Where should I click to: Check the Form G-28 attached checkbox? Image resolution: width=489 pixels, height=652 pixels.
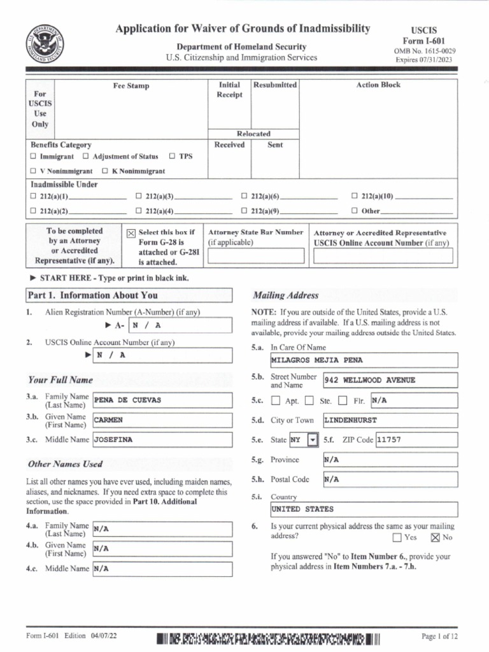pyautogui.click(x=131, y=234)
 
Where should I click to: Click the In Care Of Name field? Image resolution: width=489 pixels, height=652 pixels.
pyautogui.click(x=363, y=360)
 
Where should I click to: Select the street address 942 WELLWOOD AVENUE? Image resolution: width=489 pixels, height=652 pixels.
pyautogui.click(x=390, y=380)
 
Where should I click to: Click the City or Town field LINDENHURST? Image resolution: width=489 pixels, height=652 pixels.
pyautogui.click(x=390, y=420)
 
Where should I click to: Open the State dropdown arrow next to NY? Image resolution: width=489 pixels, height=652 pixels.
pyautogui.click(x=312, y=440)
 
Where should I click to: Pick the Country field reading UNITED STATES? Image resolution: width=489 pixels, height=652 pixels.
pyautogui.click(x=363, y=509)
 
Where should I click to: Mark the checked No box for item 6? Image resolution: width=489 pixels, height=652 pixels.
pyautogui.click(x=436, y=537)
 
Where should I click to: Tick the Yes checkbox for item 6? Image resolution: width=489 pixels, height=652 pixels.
pyautogui.click(x=397, y=537)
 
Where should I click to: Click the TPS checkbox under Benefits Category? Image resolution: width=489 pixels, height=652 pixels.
pyautogui.click(x=173, y=156)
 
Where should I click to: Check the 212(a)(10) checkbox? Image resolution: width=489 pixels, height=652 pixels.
pyautogui.click(x=355, y=196)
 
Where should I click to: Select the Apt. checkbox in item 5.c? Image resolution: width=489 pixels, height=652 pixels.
pyautogui.click(x=275, y=401)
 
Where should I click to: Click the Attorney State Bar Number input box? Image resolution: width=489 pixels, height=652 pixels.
pyautogui.click(x=255, y=256)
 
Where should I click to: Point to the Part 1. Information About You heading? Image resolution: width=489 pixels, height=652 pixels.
pyautogui.click(x=92, y=295)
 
